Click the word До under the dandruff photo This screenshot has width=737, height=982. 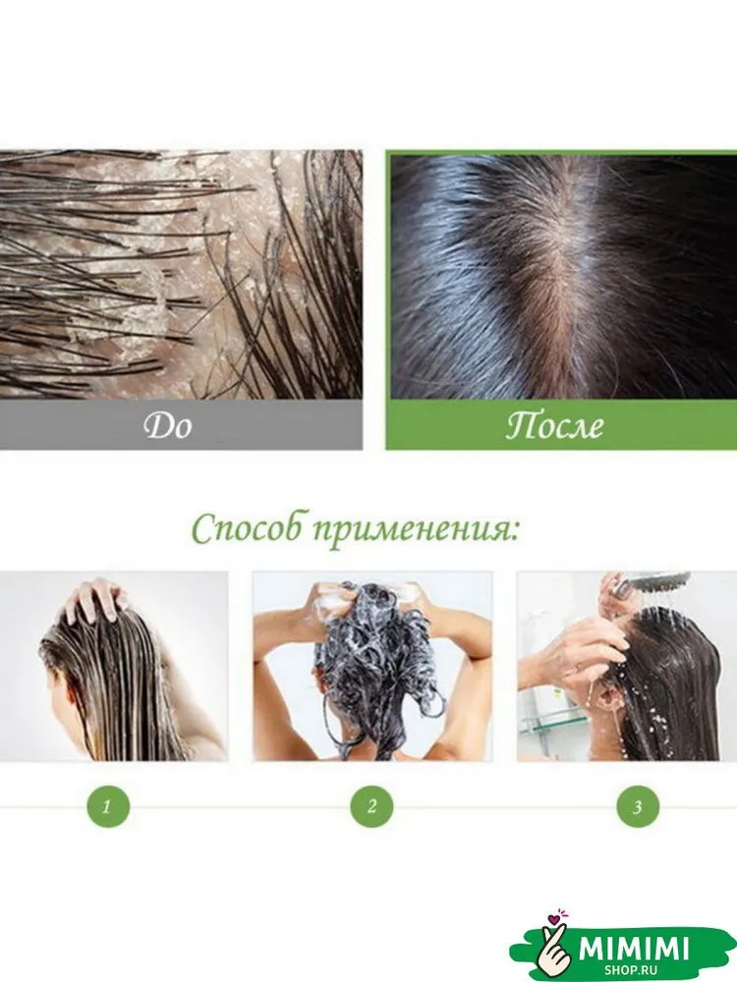(167, 426)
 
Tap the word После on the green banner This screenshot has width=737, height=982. (555, 426)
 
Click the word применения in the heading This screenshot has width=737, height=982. (416, 531)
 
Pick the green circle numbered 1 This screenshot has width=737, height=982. (108, 806)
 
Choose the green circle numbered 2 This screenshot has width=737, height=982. (371, 806)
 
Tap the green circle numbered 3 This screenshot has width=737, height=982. (638, 806)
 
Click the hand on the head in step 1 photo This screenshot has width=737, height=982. (94, 600)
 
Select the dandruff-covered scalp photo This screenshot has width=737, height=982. (181, 274)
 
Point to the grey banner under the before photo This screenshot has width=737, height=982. (181, 424)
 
